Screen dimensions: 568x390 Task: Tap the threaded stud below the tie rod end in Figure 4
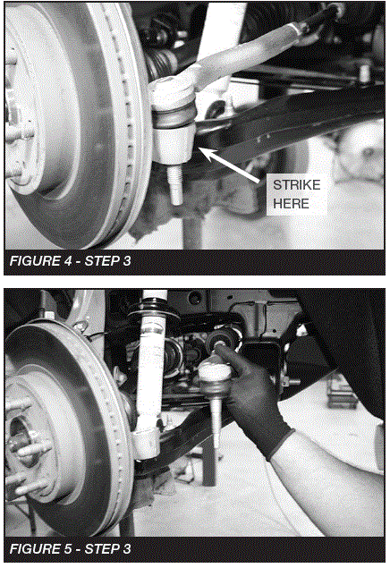coord(176,185)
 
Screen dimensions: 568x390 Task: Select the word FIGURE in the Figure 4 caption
coord(33,261)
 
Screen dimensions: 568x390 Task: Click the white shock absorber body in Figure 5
coord(148,376)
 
